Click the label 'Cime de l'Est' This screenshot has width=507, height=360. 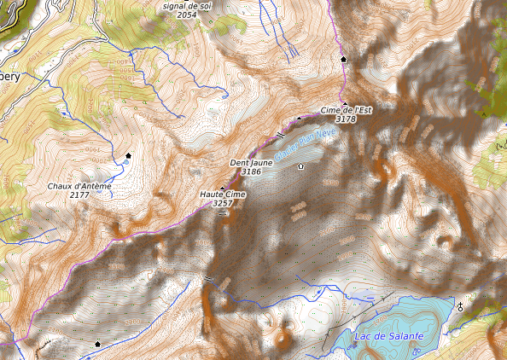[x=347, y=111]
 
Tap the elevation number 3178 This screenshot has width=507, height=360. [x=346, y=120]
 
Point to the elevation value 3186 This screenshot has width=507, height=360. [x=251, y=171]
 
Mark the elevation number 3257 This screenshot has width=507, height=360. [x=223, y=204]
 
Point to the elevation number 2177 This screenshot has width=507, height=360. [x=79, y=195]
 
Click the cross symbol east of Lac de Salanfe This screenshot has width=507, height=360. [x=462, y=305]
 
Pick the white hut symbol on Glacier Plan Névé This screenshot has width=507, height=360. [x=300, y=166]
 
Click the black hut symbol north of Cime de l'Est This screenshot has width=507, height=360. [x=344, y=60]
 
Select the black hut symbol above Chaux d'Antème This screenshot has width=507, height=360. [x=129, y=155]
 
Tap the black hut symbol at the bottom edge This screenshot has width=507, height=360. [x=97, y=344]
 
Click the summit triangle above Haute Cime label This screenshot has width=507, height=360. [x=223, y=188]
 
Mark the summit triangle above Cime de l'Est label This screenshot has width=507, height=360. [x=346, y=104]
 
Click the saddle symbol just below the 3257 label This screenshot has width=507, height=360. [x=222, y=213]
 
